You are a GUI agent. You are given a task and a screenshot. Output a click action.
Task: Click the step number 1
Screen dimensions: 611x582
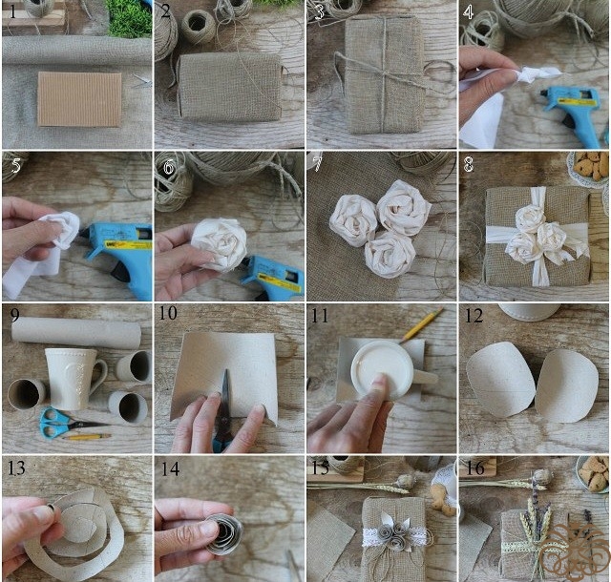[x=12, y=12]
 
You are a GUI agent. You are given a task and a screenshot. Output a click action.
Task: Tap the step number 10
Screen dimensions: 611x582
[x=168, y=313]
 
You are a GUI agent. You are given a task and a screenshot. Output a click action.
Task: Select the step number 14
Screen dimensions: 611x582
[x=170, y=468]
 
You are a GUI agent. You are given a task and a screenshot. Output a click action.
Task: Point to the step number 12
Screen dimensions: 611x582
[x=474, y=316]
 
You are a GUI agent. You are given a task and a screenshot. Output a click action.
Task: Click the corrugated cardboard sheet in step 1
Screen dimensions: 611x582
[x=79, y=99]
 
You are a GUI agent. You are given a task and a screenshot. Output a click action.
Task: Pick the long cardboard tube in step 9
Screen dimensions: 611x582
[x=76, y=332]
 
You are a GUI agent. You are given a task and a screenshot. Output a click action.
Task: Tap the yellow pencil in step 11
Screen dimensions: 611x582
[x=422, y=324]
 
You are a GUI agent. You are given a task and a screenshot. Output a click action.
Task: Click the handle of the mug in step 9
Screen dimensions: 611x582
[x=99, y=375]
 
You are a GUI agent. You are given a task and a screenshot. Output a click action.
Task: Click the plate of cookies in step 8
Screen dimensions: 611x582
[x=589, y=169]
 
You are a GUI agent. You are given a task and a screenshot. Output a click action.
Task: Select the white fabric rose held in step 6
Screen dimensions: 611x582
[x=220, y=244]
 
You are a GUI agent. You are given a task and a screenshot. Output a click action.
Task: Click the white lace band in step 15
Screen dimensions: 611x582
[x=395, y=536]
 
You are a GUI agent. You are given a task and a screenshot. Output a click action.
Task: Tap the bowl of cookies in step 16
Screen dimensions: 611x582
[x=593, y=476]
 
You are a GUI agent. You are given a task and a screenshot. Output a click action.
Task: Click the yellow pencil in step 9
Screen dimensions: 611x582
[x=87, y=437]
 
